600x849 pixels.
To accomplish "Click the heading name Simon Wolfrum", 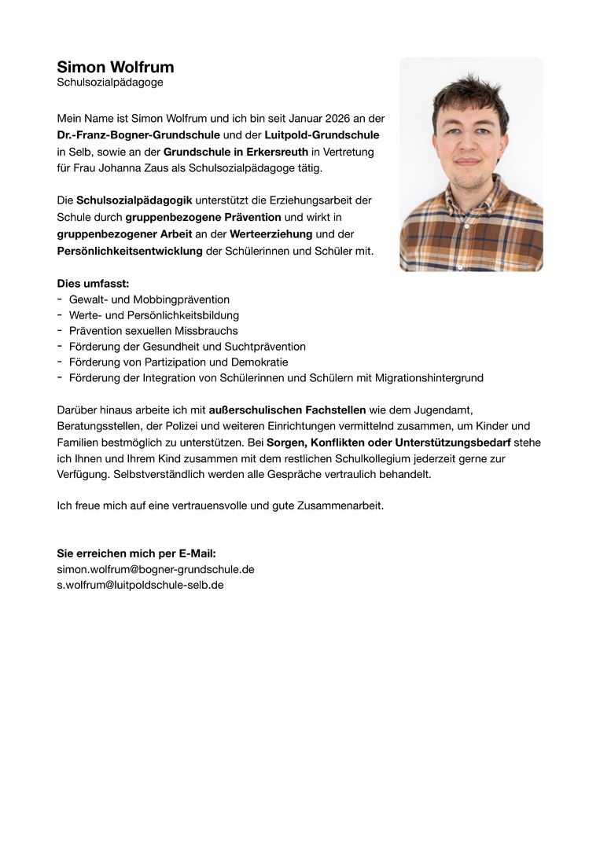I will (116, 67).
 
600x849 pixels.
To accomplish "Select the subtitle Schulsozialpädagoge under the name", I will (110, 82).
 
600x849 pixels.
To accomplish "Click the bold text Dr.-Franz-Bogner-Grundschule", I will (138, 135).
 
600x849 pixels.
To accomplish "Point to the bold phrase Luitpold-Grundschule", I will (322, 135).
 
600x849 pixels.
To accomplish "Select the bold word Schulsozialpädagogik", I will (134, 200).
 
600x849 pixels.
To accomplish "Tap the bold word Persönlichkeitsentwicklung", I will (130, 251).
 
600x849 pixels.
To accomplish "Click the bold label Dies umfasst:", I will (93, 283).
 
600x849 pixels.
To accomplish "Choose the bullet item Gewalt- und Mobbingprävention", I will (149, 300).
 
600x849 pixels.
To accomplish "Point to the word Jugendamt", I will (444, 410).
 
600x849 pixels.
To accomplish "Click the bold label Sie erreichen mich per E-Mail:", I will (136, 553).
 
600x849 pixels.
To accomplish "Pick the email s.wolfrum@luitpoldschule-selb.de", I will (141, 585).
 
